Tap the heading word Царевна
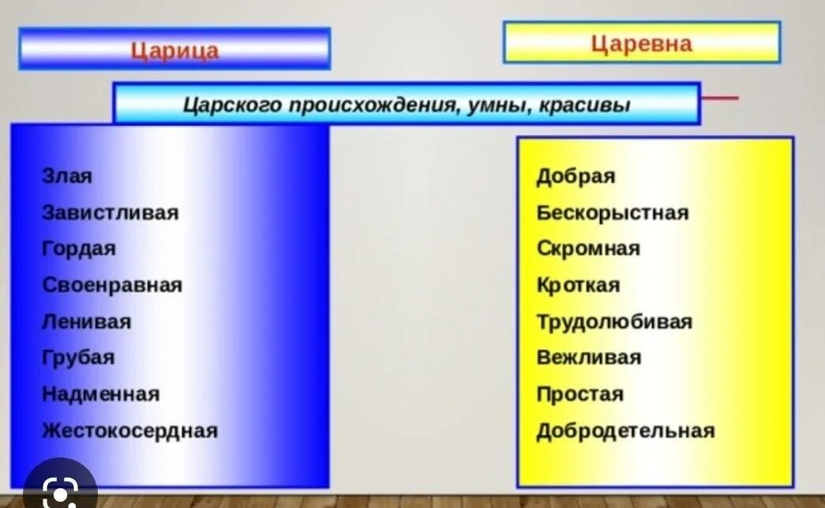[x=641, y=43]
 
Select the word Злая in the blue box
[x=67, y=176]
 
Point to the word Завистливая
[x=111, y=212]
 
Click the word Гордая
[x=79, y=248]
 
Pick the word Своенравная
[x=112, y=285]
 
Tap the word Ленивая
[x=87, y=322]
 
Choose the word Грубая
[x=78, y=357]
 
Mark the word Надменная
[x=100, y=394]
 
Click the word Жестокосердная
[x=129, y=431]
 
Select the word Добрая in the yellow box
[x=576, y=176]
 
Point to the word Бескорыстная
[x=613, y=212]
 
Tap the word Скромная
[x=588, y=248]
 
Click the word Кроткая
[x=578, y=285]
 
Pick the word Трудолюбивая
[x=614, y=322]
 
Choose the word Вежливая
[x=589, y=357]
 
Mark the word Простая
[x=579, y=394]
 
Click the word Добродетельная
[x=625, y=431]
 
